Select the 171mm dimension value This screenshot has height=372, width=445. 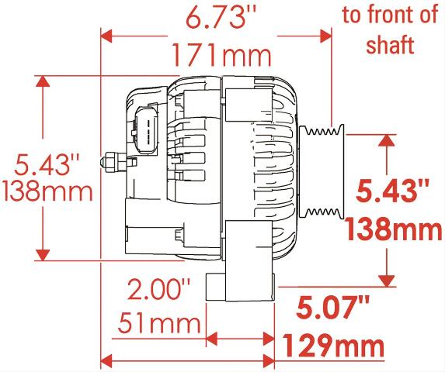(222, 57)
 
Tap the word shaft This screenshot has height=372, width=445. (390, 44)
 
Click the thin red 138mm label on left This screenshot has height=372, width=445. (47, 191)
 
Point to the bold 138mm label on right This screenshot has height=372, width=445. (394, 229)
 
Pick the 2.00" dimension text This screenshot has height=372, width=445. (158, 289)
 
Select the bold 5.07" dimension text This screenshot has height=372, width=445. (332, 308)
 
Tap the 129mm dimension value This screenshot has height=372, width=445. (334, 345)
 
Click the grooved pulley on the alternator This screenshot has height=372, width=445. (322, 172)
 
